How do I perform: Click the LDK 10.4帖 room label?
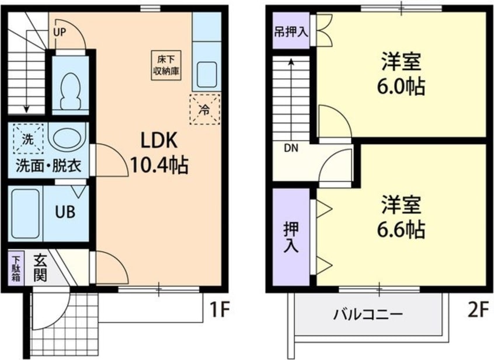pyautogui.click(x=158, y=153)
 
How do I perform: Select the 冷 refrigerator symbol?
pyautogui.click(x=205, y=109)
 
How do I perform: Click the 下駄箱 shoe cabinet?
pyautogui.click(x=16, y=268)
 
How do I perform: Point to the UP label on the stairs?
pyautogui.click(x=60, y=33)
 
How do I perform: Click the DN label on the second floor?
pyautogui.click(x=291, y=148)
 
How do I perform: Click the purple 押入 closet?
pyautogui.click(x=291, y=237)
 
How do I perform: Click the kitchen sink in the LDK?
pyautogui.click(x=206, y=74)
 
